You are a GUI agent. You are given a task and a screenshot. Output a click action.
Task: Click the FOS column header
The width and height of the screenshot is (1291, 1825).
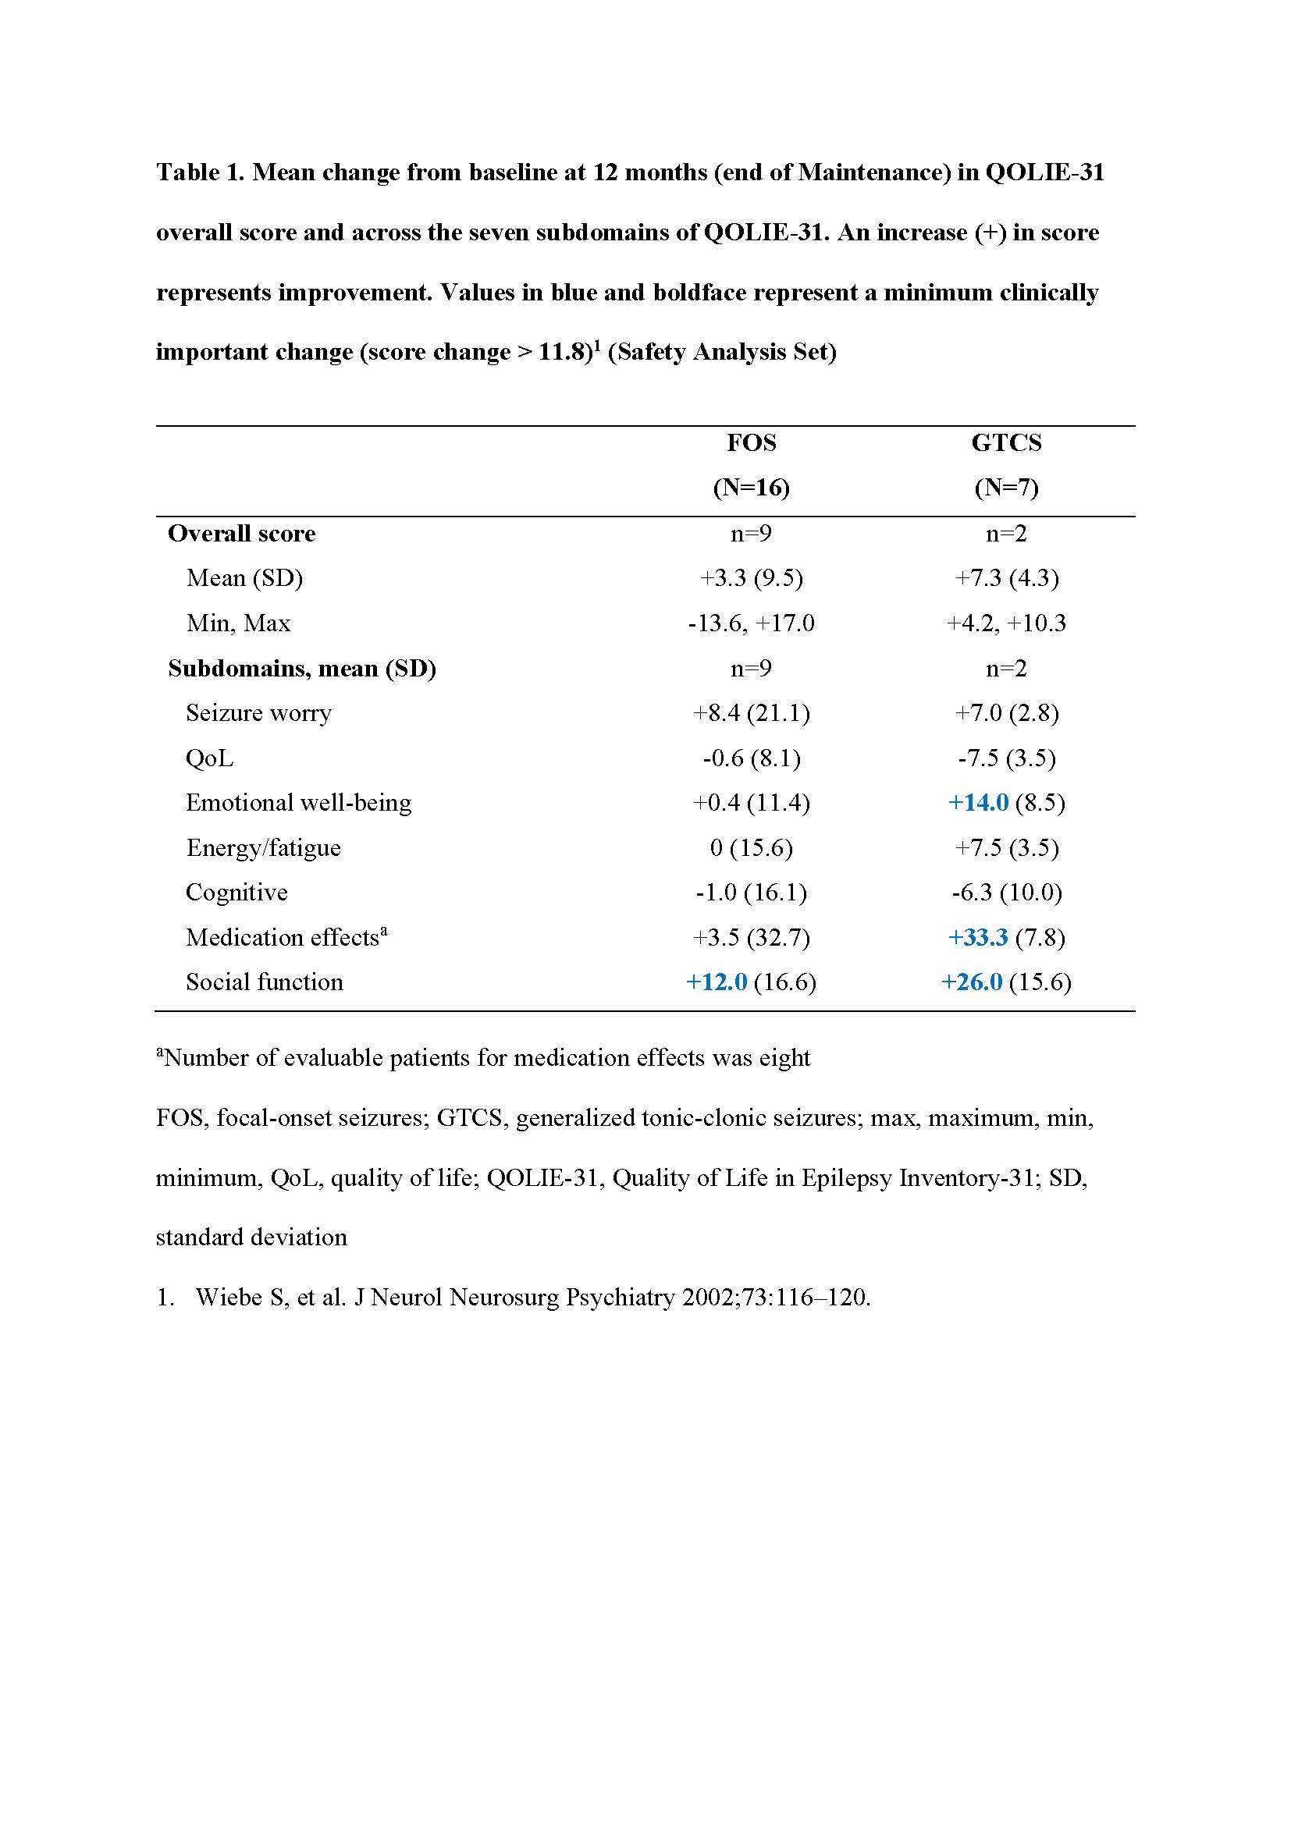[x=751, y=442]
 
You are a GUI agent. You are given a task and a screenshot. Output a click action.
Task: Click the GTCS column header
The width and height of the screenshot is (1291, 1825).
[x=1005, y=442]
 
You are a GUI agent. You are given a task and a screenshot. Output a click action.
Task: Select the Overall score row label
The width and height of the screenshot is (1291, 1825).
[x=242, y=534]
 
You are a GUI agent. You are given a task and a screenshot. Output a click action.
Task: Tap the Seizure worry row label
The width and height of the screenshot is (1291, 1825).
[x=258, y=713]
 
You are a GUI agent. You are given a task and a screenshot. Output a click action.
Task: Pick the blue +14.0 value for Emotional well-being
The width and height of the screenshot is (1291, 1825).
[x=979, y=803]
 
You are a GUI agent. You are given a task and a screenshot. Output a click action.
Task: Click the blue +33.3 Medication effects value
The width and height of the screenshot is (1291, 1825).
[x=979, y=938]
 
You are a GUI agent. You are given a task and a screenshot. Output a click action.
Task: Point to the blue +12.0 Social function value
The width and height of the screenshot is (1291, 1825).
[x=717, y=982]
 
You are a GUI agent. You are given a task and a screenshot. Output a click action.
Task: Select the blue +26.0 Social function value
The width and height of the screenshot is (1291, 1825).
[x=972, y=982]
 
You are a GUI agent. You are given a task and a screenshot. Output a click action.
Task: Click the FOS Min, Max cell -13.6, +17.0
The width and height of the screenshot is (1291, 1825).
[x=751, y=623]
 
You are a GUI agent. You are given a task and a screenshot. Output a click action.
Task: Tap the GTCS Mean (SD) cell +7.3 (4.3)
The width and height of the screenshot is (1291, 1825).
[x=1006, y=578]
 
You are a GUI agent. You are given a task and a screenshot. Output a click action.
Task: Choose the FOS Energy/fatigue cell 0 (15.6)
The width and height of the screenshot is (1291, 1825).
[x=751, y=848]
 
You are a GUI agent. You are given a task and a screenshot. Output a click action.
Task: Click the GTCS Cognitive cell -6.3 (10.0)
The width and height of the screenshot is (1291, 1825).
[x=1006, y=893]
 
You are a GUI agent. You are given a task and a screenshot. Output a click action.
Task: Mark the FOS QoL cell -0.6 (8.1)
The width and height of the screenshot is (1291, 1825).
[x=751, y=758]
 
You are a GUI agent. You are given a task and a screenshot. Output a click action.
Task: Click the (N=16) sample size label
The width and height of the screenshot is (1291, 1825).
[x=751, y=487]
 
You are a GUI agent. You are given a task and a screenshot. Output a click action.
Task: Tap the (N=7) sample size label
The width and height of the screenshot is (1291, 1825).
[x=1006, y=487]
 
